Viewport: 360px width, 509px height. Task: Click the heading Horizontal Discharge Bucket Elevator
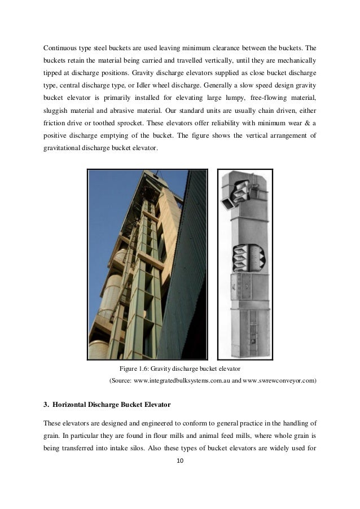pos(111,404)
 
